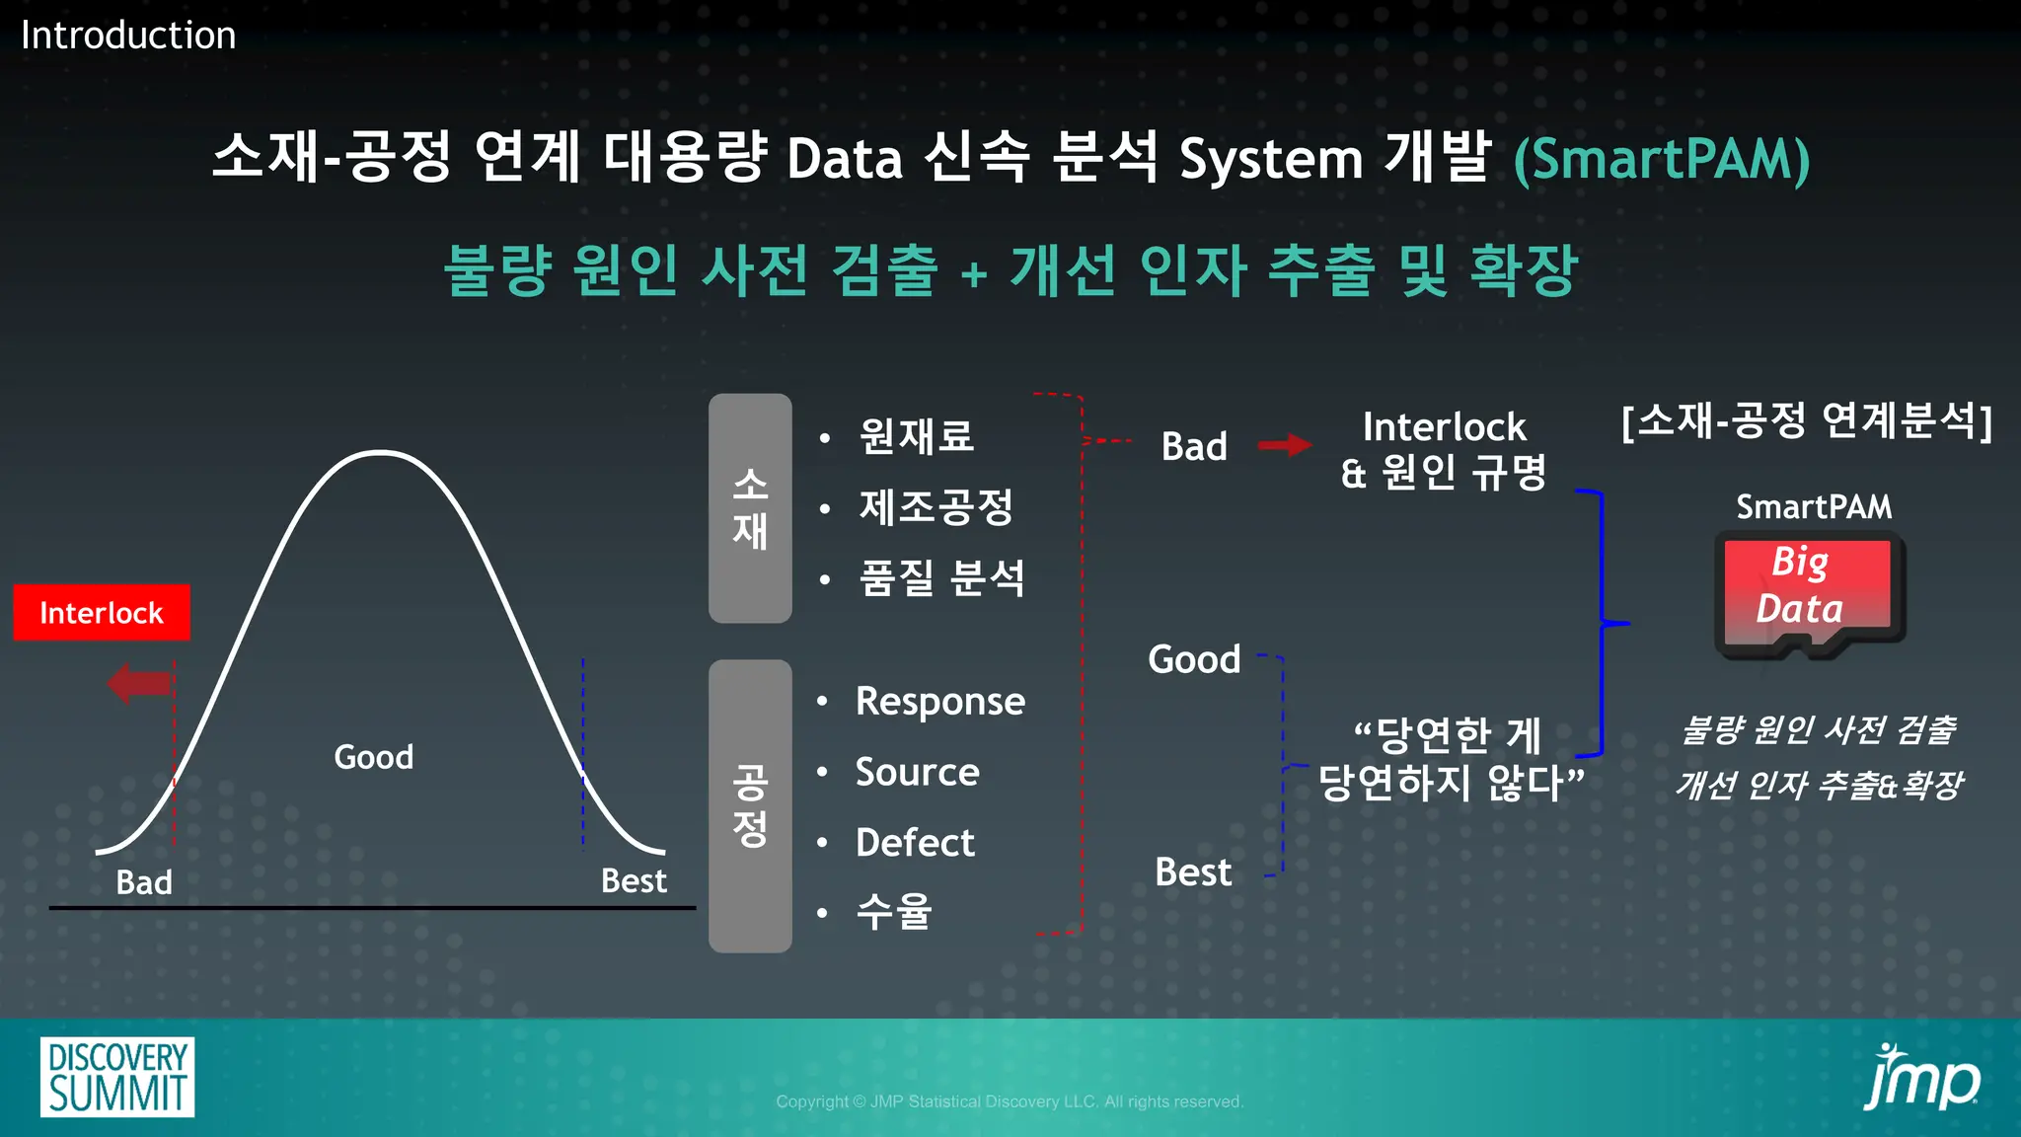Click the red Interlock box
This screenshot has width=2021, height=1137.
click(102, 613)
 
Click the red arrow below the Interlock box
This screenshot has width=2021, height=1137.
click(140, 683)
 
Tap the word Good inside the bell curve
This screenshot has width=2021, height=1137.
click(373, 757)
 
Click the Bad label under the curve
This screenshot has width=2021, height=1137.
click(144, 881)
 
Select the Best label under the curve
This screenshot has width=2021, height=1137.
click(634, 880)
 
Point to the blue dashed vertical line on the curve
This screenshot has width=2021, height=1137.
click(583, 750)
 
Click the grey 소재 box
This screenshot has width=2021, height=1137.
click(750, 508)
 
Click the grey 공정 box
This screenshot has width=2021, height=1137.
click(750, 805)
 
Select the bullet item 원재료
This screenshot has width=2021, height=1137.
click(916, 436)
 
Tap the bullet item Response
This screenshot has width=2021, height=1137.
click(939, 702)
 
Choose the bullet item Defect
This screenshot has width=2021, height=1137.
click(915, 843)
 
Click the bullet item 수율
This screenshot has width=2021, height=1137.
click(893, 912)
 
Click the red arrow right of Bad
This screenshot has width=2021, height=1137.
click(1284, 446)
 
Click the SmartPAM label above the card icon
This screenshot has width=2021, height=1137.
click(1814, 507)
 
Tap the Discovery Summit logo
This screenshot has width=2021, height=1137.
click(117, 1077)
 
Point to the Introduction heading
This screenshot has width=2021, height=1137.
click(128, 36)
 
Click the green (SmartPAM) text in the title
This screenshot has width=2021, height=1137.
click(1662, 159)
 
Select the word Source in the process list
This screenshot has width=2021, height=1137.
click(917, 773)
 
